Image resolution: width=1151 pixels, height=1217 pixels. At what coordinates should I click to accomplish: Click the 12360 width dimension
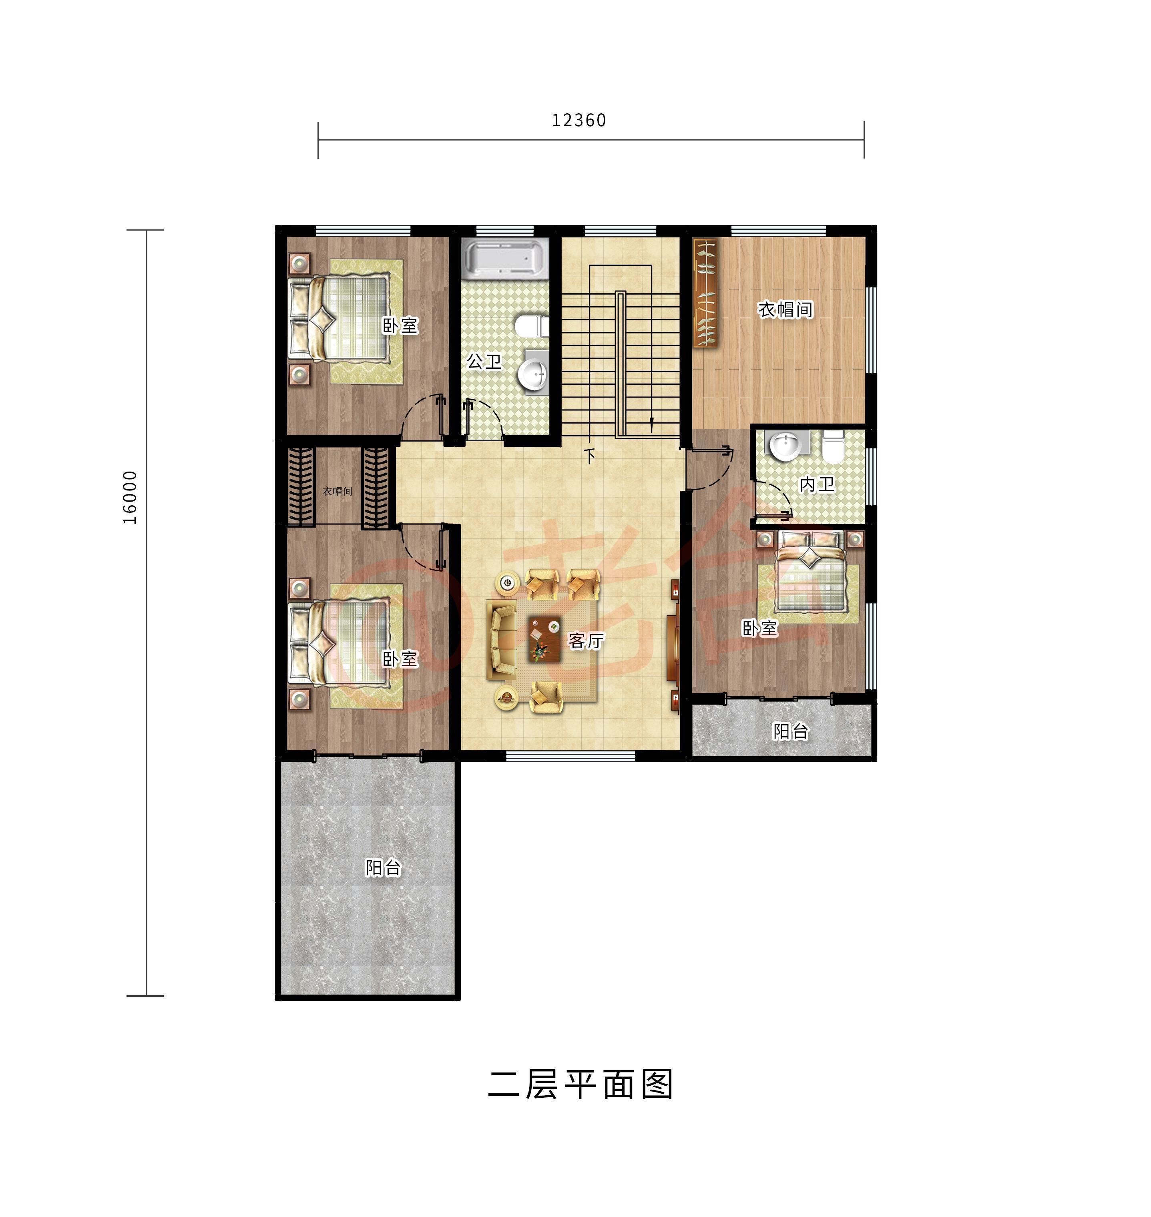(579, 120)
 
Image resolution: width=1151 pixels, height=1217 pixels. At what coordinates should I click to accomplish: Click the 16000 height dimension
(130, 497)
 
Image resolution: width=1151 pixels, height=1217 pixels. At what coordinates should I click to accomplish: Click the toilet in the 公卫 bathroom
(530, 326)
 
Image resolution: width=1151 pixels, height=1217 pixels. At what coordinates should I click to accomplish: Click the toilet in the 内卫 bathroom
(833, 446)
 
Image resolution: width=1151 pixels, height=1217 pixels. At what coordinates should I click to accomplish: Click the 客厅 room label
(586, 641)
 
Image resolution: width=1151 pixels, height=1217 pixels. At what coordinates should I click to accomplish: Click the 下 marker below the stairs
(590, 456)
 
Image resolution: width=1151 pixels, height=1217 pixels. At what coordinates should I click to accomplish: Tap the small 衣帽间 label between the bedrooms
(337, 491)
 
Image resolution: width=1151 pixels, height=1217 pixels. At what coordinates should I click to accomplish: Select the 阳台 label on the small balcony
(790, 731)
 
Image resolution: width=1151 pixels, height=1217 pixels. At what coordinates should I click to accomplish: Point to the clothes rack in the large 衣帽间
(705, 293)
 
